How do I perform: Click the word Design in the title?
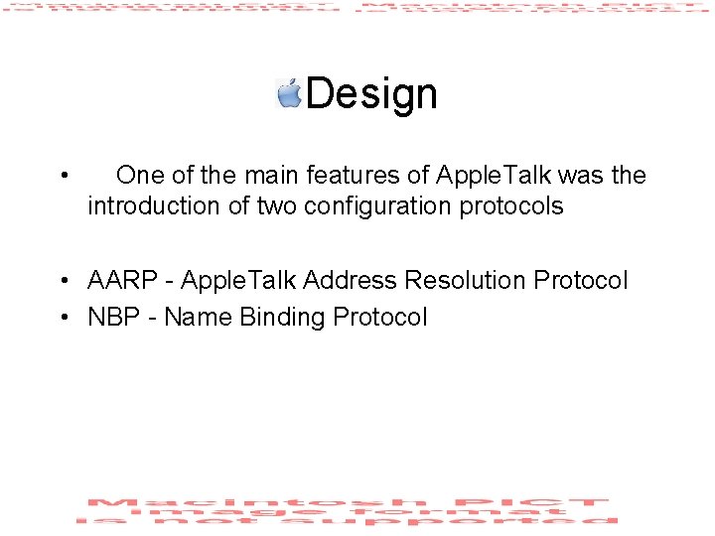pos(371,94)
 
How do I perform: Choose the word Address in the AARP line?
pos(349,281)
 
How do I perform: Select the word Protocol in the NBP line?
pos(380,318)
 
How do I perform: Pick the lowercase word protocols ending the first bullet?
pos(514,206)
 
